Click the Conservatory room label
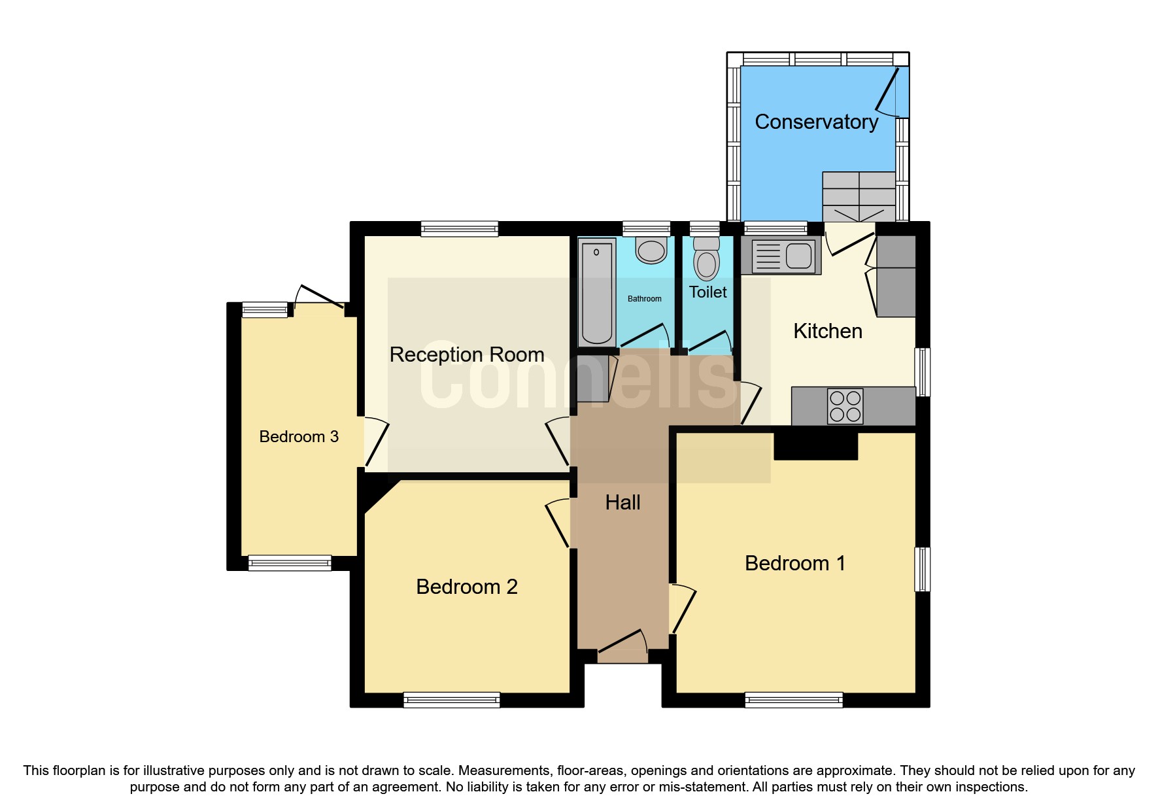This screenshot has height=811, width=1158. (816, 122)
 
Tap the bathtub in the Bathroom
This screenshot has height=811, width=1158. (596, 292)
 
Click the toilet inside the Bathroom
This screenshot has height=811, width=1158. (651, 251)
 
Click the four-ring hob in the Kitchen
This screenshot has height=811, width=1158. (845, 406)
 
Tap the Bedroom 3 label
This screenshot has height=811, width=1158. (299, 437)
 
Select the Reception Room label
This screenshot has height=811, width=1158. (467, 354)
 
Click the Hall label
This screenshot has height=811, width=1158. (622, 502)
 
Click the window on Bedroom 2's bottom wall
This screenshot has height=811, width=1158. (451, 700)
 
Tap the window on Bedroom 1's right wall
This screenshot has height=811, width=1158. (922, 569)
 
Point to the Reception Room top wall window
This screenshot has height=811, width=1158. (460, 229)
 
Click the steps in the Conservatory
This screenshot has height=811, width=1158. (859, 196)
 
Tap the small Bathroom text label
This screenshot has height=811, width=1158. (644, 299)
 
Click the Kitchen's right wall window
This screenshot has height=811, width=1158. (922, 372)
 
